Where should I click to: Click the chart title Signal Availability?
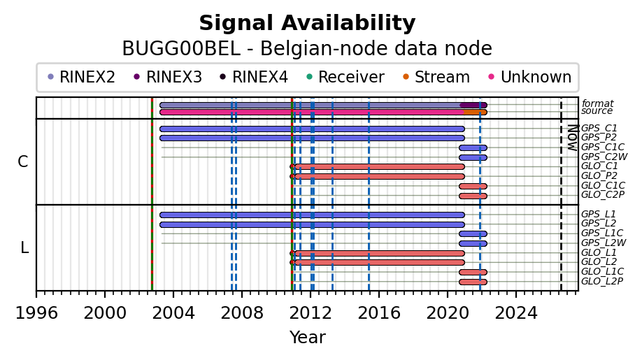coord(307,23)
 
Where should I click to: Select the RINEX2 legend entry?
coord(82,77)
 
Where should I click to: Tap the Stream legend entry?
coord(436,77)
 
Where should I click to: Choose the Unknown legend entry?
coord(530,77)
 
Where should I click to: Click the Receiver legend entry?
coord(345,77)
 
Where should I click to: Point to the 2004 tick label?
coord(173,313)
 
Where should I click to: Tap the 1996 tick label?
coord(36,313)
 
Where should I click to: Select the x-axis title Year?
coord(308,338)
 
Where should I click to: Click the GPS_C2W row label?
coord(604,157)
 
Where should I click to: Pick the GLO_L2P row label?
coord(602,281)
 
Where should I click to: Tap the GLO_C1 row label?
coord(599,166)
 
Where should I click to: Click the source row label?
coord(597,111)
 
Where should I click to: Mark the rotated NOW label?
coord(573,138)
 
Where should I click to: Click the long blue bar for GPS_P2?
coord(312,138)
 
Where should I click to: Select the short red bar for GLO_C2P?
coord(473,196)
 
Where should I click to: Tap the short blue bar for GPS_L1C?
coord(473,234)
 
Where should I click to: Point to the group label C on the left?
coord(23,162)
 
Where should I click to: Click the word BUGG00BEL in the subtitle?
coord(181,49)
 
